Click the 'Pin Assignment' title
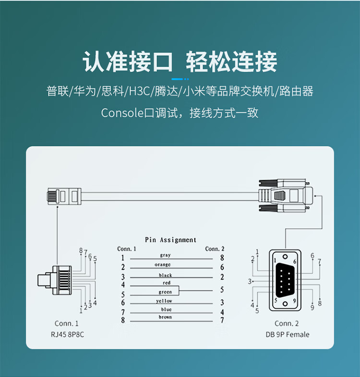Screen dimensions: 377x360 [x=170, y=240]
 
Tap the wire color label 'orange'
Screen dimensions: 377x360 [x=163, y=265]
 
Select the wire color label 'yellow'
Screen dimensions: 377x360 [x=164, y=301]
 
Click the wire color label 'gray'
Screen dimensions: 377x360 [x=165, y=255]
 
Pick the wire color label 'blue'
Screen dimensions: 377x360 [x=166, y=309]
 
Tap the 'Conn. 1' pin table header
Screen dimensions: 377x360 [x=127, y=249]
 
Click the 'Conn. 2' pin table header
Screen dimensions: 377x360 [x=215, y=249]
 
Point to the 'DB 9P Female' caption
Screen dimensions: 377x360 [x=287, y=334]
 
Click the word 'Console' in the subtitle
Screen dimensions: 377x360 [x=119, y=113]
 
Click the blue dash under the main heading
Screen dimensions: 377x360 [x=180, y=79]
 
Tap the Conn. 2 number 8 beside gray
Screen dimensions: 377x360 [x=222, y=258]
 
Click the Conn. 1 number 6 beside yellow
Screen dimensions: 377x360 [x=123, y=303]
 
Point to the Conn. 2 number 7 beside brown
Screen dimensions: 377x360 [x=222, y=320]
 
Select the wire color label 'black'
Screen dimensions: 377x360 [x=166, y=275]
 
